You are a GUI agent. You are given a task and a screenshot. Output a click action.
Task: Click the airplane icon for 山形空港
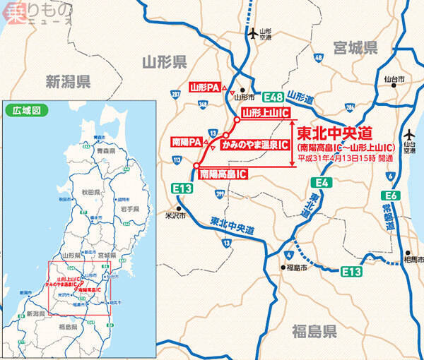[x=253, y=33]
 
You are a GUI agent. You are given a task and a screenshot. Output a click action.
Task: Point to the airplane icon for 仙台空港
[x=410, y=135]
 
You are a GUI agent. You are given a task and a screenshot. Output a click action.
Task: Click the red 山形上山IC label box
[x=265, y=113]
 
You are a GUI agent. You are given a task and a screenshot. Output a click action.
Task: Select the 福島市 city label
[x=297, y=268]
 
